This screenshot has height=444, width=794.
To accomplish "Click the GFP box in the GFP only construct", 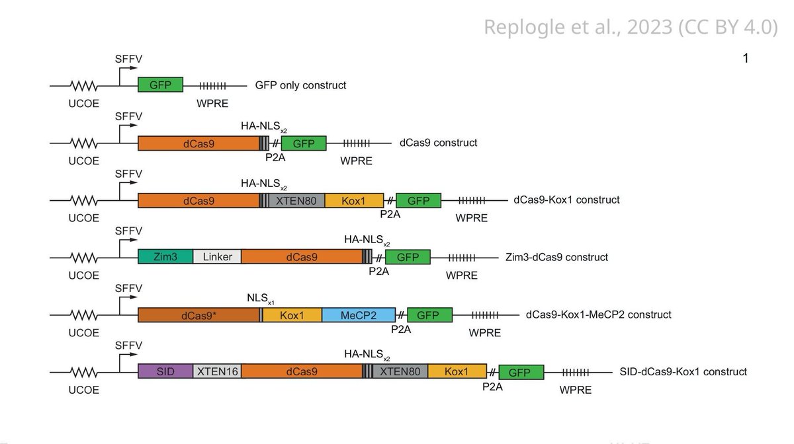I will [x=160, y=85].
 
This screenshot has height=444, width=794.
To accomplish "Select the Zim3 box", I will [x=165, y=257].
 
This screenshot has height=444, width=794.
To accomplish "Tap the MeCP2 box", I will [x=359, y=315].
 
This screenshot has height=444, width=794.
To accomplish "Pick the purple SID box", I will [x=165, y=372].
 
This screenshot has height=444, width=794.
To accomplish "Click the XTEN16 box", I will [x=217, y=372].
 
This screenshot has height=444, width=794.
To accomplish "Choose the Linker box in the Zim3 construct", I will [x=217, y=257].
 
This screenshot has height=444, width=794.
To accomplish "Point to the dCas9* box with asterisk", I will [x=198, y=315].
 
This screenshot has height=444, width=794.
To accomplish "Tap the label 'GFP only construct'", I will [x=300, y=85].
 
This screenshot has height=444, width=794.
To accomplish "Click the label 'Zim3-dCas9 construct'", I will [x=556, y=257].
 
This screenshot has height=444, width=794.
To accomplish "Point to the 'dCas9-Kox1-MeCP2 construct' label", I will [x=598, y=314].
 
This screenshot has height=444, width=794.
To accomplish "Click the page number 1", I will [x=746, y=59].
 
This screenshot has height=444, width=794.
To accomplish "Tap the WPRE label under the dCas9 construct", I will [x=356, y=161].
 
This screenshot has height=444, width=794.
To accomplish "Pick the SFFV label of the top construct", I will [x=128, y=60].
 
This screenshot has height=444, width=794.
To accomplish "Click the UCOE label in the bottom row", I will [x=84, y=390].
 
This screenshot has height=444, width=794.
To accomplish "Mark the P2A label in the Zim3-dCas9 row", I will [x=378, y=271].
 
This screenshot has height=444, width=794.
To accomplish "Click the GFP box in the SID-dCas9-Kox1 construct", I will [x=521, y=372].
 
